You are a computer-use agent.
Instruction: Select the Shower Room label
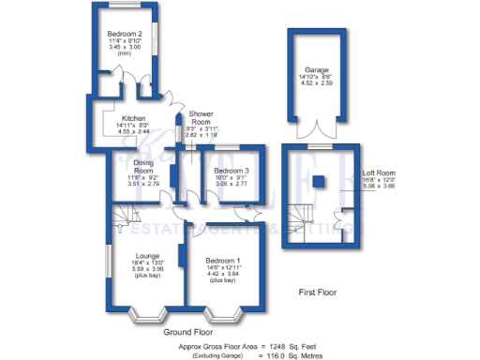click(200, 118)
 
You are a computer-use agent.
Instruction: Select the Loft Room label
click(379, 172)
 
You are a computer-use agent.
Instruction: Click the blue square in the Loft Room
click(320, 180)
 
